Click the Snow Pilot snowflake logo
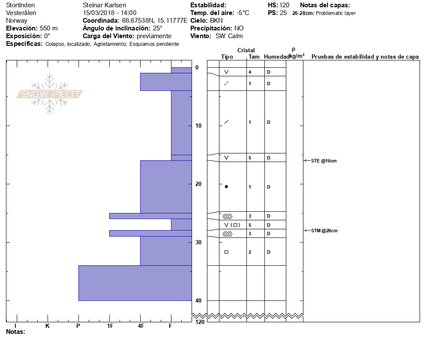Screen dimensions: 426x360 pos(49,94)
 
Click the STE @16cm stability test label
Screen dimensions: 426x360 pos(324,161)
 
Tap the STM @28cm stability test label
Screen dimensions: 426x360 pos(324,231)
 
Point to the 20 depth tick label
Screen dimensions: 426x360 pos(198,184)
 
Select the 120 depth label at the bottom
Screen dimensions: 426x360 pos(200,322)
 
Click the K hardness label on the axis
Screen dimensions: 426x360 pos(48,326)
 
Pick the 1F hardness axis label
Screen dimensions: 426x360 pos(110,326)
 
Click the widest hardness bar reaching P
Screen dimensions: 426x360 pos(135,283)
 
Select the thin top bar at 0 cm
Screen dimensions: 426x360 pos(181,70)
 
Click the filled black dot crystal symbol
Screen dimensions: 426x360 pos(226,187)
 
